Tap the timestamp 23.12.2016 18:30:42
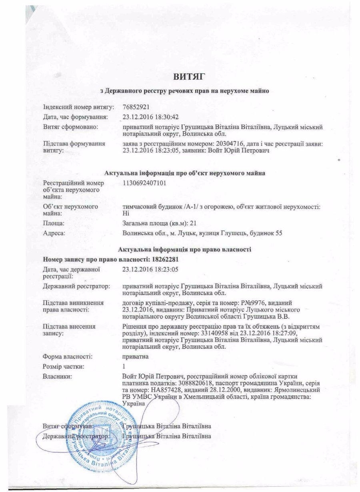[x=151, y=117]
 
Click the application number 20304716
[x=226, y=144]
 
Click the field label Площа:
[x=54, y=224]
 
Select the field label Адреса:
[x=54, y=233]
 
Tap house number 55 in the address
[x=279, y=233]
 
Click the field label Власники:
[x=57, y=376]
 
